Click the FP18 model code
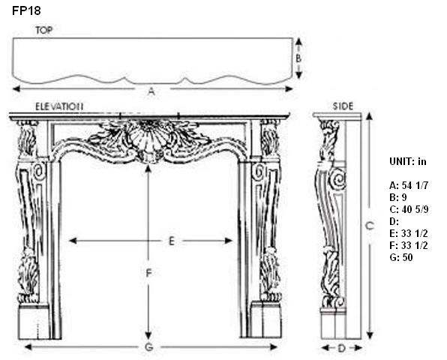click(x=26, y=10)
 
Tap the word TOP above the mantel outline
click(x=44, y=30)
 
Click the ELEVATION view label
click(x=59, y=106)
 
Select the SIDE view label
click(x=343, y=106)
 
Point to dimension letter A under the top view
click(x=151, y=91)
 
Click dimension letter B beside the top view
click(x=298, y=58)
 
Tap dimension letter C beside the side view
click(x=370, y=226)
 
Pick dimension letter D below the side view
click(x=342, y=348)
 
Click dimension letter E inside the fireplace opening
click(x=171, y=241)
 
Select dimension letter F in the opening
click(x=148, y=273)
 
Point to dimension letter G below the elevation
click(x=149, y=347)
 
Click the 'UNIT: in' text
click(x=408, y=161)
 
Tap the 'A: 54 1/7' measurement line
click(x=409, y=185)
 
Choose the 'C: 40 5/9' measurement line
click(x=409, y=209)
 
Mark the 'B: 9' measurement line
click(x=398, y=197)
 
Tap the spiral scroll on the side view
click(x=337, y=180)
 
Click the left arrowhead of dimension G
click(x=28, y=347)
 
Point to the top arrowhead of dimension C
click(x=370, y=116)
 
